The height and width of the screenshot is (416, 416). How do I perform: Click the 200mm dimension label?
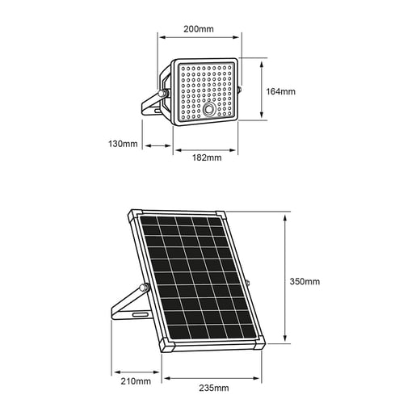click(x=199, y=29)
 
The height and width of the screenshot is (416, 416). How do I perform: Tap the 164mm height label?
click(x=282, y=90)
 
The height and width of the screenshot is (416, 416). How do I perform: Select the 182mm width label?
click(x=208, y=158)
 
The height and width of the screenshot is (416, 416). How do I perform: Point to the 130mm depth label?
click(x=123, y=144)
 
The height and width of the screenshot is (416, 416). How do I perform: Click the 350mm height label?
click(x=305, y=281)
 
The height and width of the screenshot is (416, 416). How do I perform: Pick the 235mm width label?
click(x=212, y=388)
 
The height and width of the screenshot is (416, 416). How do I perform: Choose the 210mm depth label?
click(x=135, y=380)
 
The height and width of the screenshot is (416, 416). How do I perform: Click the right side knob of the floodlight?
click(x=241, y=88)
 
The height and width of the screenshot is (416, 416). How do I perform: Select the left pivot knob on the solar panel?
click(x=145, y=287)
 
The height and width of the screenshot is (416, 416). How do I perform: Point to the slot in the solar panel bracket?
click(x=139, y=313)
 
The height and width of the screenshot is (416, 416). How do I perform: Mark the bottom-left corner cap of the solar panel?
click(x=168, y=347)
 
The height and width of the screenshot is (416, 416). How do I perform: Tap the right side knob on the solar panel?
click(x=248, y=283)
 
